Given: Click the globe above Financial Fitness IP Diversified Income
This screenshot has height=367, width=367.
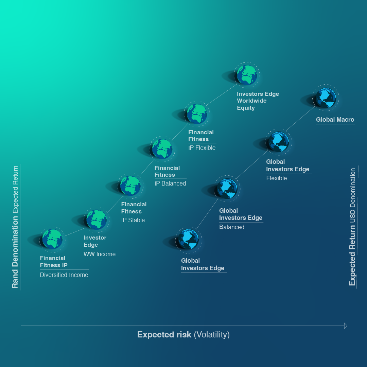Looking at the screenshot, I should pos(52,239).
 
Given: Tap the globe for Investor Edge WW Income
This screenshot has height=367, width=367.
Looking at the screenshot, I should pos(97,219).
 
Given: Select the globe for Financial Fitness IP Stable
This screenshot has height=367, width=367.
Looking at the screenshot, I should pos(130,185).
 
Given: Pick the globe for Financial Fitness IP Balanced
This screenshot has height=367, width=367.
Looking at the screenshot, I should pos(162,149).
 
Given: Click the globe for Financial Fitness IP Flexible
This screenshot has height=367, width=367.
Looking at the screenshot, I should pos(197,114).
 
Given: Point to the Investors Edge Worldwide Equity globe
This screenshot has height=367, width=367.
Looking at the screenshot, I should pos(247,75).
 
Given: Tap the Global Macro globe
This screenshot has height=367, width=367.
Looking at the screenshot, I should pos(326,98).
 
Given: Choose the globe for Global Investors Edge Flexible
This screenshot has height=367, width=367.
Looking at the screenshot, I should pos(279,142).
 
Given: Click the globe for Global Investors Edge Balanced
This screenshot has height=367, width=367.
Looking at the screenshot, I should pos(227,189).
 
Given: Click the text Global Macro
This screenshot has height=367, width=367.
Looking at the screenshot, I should pos(335,120).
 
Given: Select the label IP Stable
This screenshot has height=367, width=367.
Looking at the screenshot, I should pos(133,220).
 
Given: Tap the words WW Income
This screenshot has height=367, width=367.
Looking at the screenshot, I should pos(100,254).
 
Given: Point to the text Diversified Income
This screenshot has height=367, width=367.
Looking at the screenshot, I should pos(64,275).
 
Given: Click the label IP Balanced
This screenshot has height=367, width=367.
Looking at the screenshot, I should pos(170,183).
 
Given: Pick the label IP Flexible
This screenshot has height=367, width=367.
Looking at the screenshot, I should pos(202,148).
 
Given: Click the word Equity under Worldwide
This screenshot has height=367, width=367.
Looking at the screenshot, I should pos(246,108).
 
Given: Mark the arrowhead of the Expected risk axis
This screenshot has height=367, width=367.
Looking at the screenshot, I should pos(346,326).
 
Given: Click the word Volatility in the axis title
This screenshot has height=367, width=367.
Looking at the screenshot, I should pos(212,335).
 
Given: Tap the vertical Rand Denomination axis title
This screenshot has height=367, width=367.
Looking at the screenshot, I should pos(15,252).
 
